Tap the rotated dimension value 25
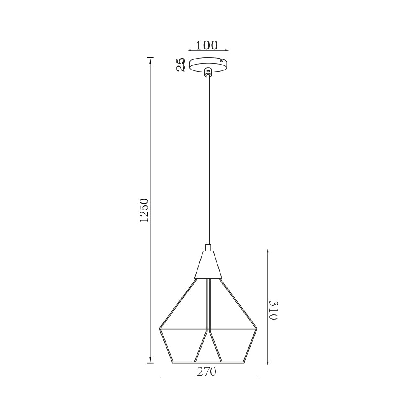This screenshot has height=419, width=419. pyautogui.click(x=181, y=65)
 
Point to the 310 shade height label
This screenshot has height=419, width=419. pyautogui.click(x=273, y=310)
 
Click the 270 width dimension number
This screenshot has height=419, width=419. pyautogui.click(x=207, y=372)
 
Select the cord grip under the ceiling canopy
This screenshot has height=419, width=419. pyautogui.click(x=208, y=72)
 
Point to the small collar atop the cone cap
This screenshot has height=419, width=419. pyautogui.click(x=208, y=248)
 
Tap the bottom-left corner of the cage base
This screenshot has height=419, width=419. pyautogui.click(x=172, y=362)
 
